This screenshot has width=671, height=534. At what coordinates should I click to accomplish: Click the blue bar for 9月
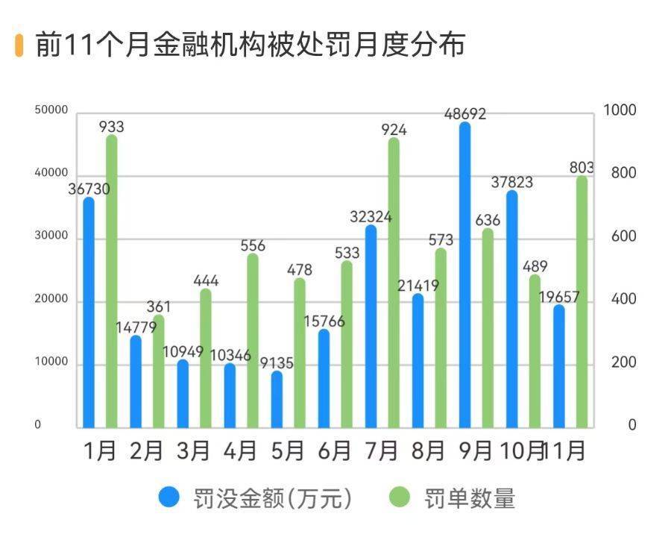tap(464, 276)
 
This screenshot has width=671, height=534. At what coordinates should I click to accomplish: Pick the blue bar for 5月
tap(277, 400)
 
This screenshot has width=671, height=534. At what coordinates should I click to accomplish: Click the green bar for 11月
tap(582, 302)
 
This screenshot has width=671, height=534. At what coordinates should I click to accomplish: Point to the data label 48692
tap(464, 114)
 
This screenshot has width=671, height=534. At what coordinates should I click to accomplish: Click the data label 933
tap(112, 127)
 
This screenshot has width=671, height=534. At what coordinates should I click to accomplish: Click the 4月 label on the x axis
tap(241, 450)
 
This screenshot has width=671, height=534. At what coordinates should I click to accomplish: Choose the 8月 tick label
tap(429, 450)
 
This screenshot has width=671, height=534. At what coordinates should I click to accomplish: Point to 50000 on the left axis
tap(51, 110)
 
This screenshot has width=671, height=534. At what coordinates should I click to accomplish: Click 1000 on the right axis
tap(620, 110)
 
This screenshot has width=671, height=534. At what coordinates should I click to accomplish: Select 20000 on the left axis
tap(51, 300)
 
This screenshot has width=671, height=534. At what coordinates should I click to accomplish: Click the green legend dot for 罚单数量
tap(400, 497)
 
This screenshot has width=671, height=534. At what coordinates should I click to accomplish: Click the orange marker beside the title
tap(19, 45)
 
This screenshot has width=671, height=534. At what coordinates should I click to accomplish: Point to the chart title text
tap(250, 45)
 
